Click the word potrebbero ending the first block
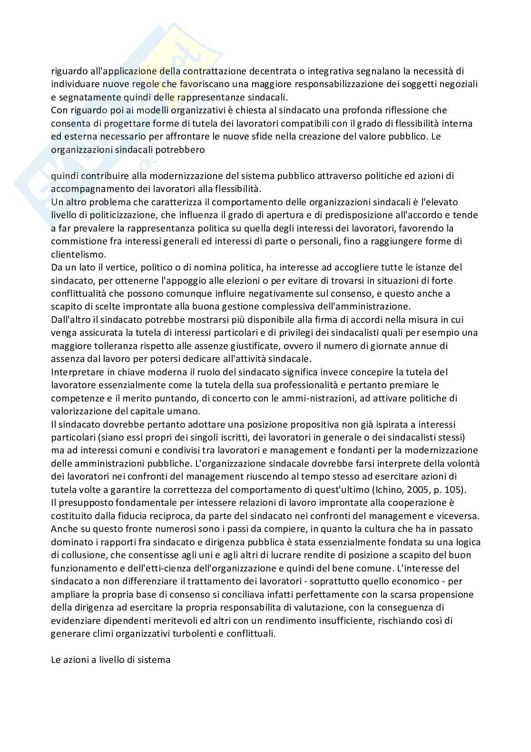click(182, 149)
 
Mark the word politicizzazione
click(108, 215)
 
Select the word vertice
click(107, 267)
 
